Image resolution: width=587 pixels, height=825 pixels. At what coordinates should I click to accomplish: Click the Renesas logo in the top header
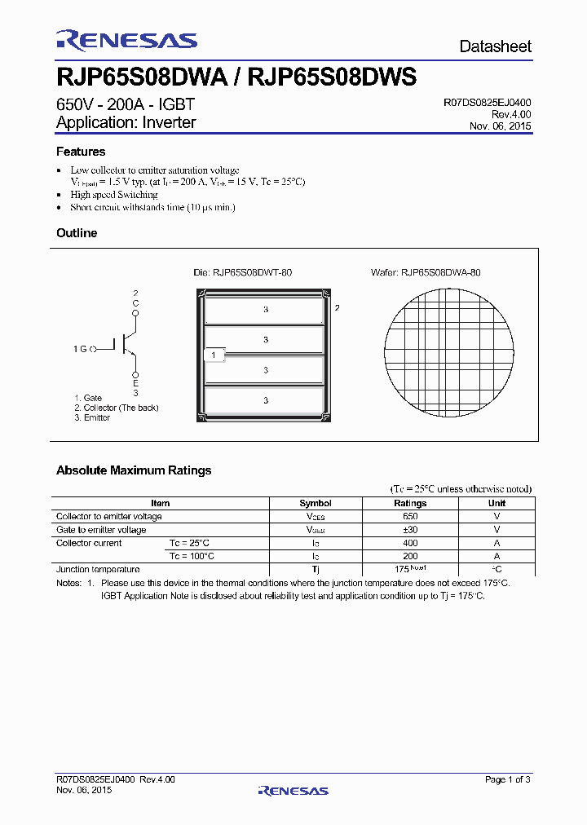pyautogui.click(x=126, y=41)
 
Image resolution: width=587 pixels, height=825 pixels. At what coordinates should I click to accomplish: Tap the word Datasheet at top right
pyautogui.click(x=495, y=46)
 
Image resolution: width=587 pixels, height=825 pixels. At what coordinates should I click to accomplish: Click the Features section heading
pyautogui.click(x=81, y=152)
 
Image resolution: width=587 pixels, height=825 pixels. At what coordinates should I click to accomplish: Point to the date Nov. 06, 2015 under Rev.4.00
pyautogui.click(x=501, y=126)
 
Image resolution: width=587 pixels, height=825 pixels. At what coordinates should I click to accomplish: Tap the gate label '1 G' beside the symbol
pyautogui.click(x=79, y=349)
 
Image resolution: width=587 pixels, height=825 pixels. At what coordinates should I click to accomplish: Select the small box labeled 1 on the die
pyautogui.click(x=213, y=355)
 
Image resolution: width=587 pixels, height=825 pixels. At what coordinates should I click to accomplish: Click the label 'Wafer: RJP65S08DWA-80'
pyautogui.click(x=426, y=272)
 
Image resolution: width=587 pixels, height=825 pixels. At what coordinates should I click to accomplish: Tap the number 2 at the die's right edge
pyautogui.click(x=336, y=308)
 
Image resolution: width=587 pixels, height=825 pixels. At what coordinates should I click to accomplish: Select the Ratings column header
pyautogui.click(x=410, y=503)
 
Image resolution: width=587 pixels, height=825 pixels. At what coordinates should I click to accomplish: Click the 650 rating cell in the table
pyautogui.click(x=410, y=516)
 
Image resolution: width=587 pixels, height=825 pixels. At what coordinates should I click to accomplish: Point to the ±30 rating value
pyautogui.click(x=410, y=529)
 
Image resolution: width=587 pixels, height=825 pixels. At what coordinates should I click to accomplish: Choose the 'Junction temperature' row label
pyautogui.click(x=98, y=569)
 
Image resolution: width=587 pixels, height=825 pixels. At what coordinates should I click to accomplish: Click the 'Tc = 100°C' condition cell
pyautogui.click(x=192, y=556)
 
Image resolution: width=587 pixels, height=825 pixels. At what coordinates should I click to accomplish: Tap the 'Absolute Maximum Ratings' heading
pyautogui.click(x=134, y=470)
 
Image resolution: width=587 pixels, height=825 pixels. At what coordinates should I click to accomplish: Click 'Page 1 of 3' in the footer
pyautogui.click(x=507, y=779)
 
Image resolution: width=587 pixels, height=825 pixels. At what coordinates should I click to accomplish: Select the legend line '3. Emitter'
pyautogui.click(x=92, y=417)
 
